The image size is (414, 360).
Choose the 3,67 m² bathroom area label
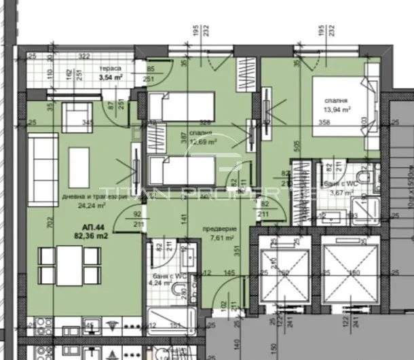(x=341, y=192)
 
